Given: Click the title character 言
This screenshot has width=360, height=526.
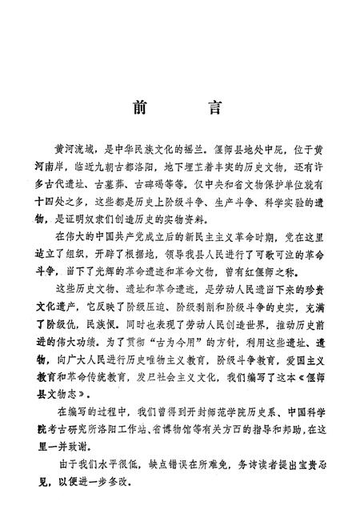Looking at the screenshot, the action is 210,109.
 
